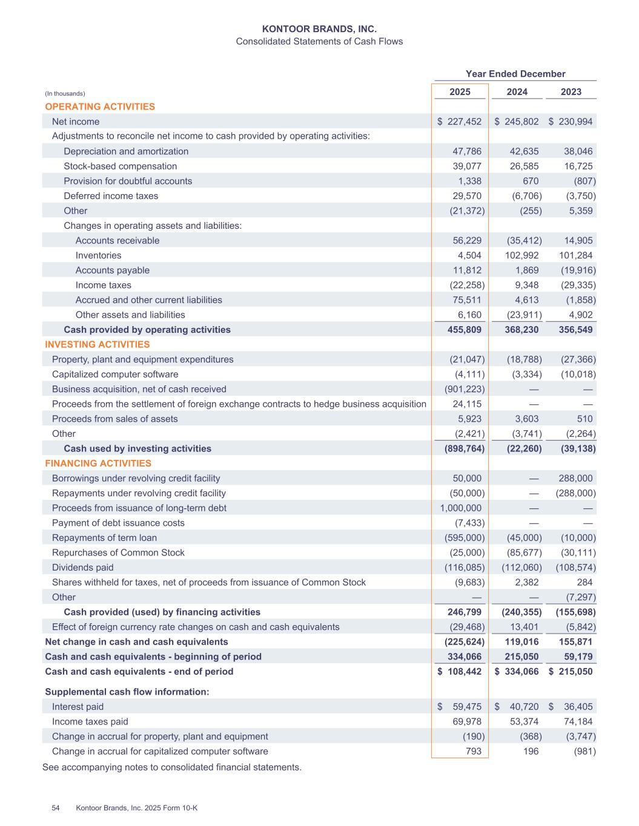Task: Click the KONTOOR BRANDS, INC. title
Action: coord(319,28)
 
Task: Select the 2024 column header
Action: coord(517,92)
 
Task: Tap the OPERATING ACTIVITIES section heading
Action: coord(100,107)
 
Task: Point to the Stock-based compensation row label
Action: coord(120,166)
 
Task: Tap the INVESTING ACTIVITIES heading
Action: coord(98,344)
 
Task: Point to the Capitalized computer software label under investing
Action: coord(115,375)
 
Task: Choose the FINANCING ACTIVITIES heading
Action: coord(98,464)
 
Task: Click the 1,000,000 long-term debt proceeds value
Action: coord(461,508)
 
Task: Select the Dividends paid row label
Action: coord(82,568)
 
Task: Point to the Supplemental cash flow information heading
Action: coord(127,692)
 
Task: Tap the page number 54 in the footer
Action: coord(56,808)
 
